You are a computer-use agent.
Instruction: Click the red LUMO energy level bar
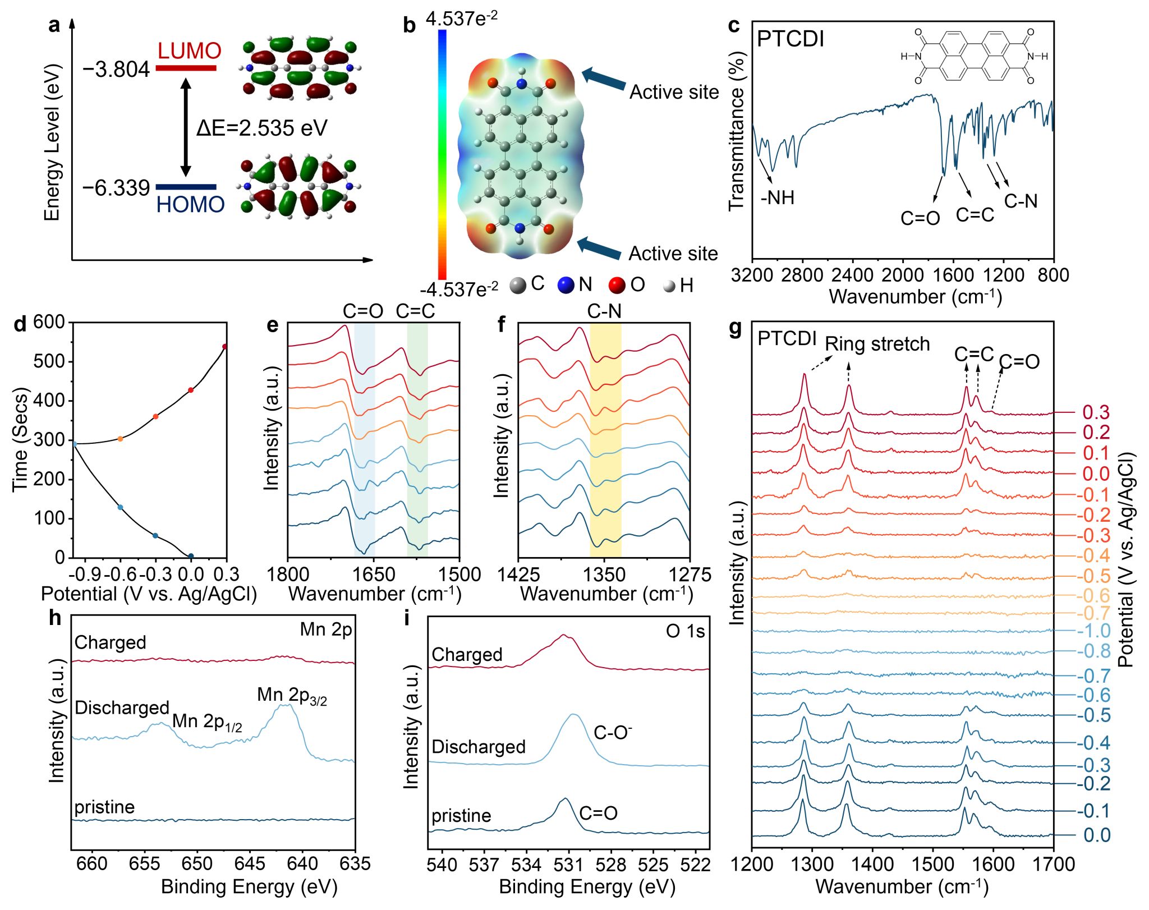(186, 68)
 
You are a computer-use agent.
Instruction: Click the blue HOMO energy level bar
(186, 187)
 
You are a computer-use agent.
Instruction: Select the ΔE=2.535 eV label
(261, 128)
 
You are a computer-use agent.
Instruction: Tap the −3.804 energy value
(116, 70)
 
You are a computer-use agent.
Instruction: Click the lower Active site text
(673, 254)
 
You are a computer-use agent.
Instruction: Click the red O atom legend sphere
(617, 285)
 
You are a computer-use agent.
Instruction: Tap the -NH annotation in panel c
(778, 197)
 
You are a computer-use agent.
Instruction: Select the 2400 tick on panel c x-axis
(852, 275)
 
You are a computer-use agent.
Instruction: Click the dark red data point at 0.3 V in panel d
(225, 347)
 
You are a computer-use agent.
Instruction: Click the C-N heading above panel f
(604, 311)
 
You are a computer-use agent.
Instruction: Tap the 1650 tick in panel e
(374, 575)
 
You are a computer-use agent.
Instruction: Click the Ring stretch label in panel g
(877, 344)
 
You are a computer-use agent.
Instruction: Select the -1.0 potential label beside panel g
(1093, 631)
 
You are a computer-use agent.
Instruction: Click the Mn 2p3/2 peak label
(292, 696)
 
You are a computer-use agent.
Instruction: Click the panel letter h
(55, 618)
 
